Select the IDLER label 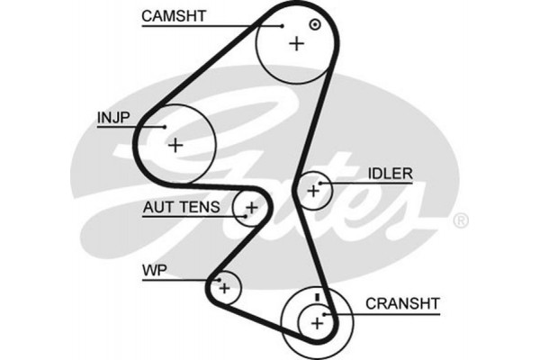coord(389,173)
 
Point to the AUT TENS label coord(180,208)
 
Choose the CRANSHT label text coord(401,303)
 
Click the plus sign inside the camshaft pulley coord(296,43)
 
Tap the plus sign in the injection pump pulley coord(175,144)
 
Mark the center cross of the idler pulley coord(313,190)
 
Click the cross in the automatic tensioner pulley coord(251,209)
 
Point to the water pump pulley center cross coord(225,288)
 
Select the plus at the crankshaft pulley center coord(316,322)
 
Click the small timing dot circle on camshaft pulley coord(314,24)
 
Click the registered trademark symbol coord(459,220)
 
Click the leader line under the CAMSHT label coord(207,25)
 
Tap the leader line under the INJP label coord(126,127)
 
